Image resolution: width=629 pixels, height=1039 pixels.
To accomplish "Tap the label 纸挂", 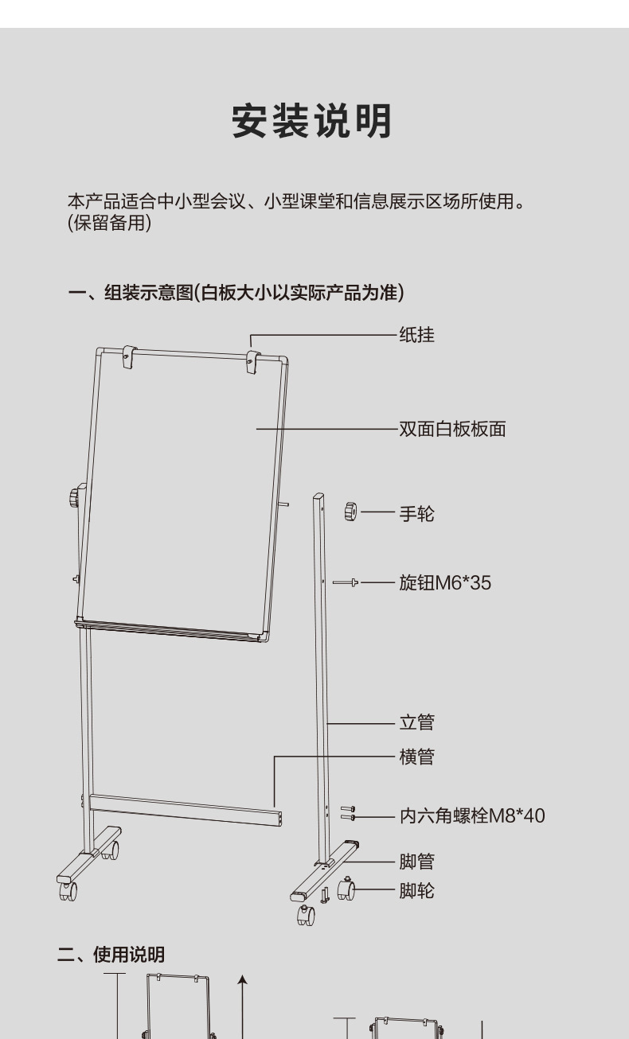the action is click(416, 335).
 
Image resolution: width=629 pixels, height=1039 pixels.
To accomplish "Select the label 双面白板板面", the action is click(452, 430).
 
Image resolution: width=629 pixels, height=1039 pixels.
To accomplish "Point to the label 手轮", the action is click(416, 514).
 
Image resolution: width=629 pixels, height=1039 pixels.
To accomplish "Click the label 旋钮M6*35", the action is click(445, 583).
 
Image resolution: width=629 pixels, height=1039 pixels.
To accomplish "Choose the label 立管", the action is click(416, 723).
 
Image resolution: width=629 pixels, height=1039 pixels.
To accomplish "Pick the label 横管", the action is click(416, 757).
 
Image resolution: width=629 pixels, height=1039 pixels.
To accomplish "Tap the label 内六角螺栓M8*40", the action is click(472, 815).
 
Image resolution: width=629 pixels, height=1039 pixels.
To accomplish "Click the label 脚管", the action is click(416, 862).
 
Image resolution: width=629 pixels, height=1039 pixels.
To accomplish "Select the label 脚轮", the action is click(416, 890).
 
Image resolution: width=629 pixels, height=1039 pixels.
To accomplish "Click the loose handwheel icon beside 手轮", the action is click(350, 511).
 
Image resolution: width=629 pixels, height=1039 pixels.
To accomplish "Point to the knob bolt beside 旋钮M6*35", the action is click(346, 583).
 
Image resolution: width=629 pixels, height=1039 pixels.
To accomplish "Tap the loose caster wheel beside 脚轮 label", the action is click(346, 889).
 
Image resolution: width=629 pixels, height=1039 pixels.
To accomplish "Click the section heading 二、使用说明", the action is click(111, 954).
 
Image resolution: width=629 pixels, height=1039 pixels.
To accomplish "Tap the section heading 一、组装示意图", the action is click(236, 294).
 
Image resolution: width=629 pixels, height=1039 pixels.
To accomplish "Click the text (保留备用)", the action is click(109, 224).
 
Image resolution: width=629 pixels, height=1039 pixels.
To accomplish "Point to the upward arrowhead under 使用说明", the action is click(243, 981).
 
